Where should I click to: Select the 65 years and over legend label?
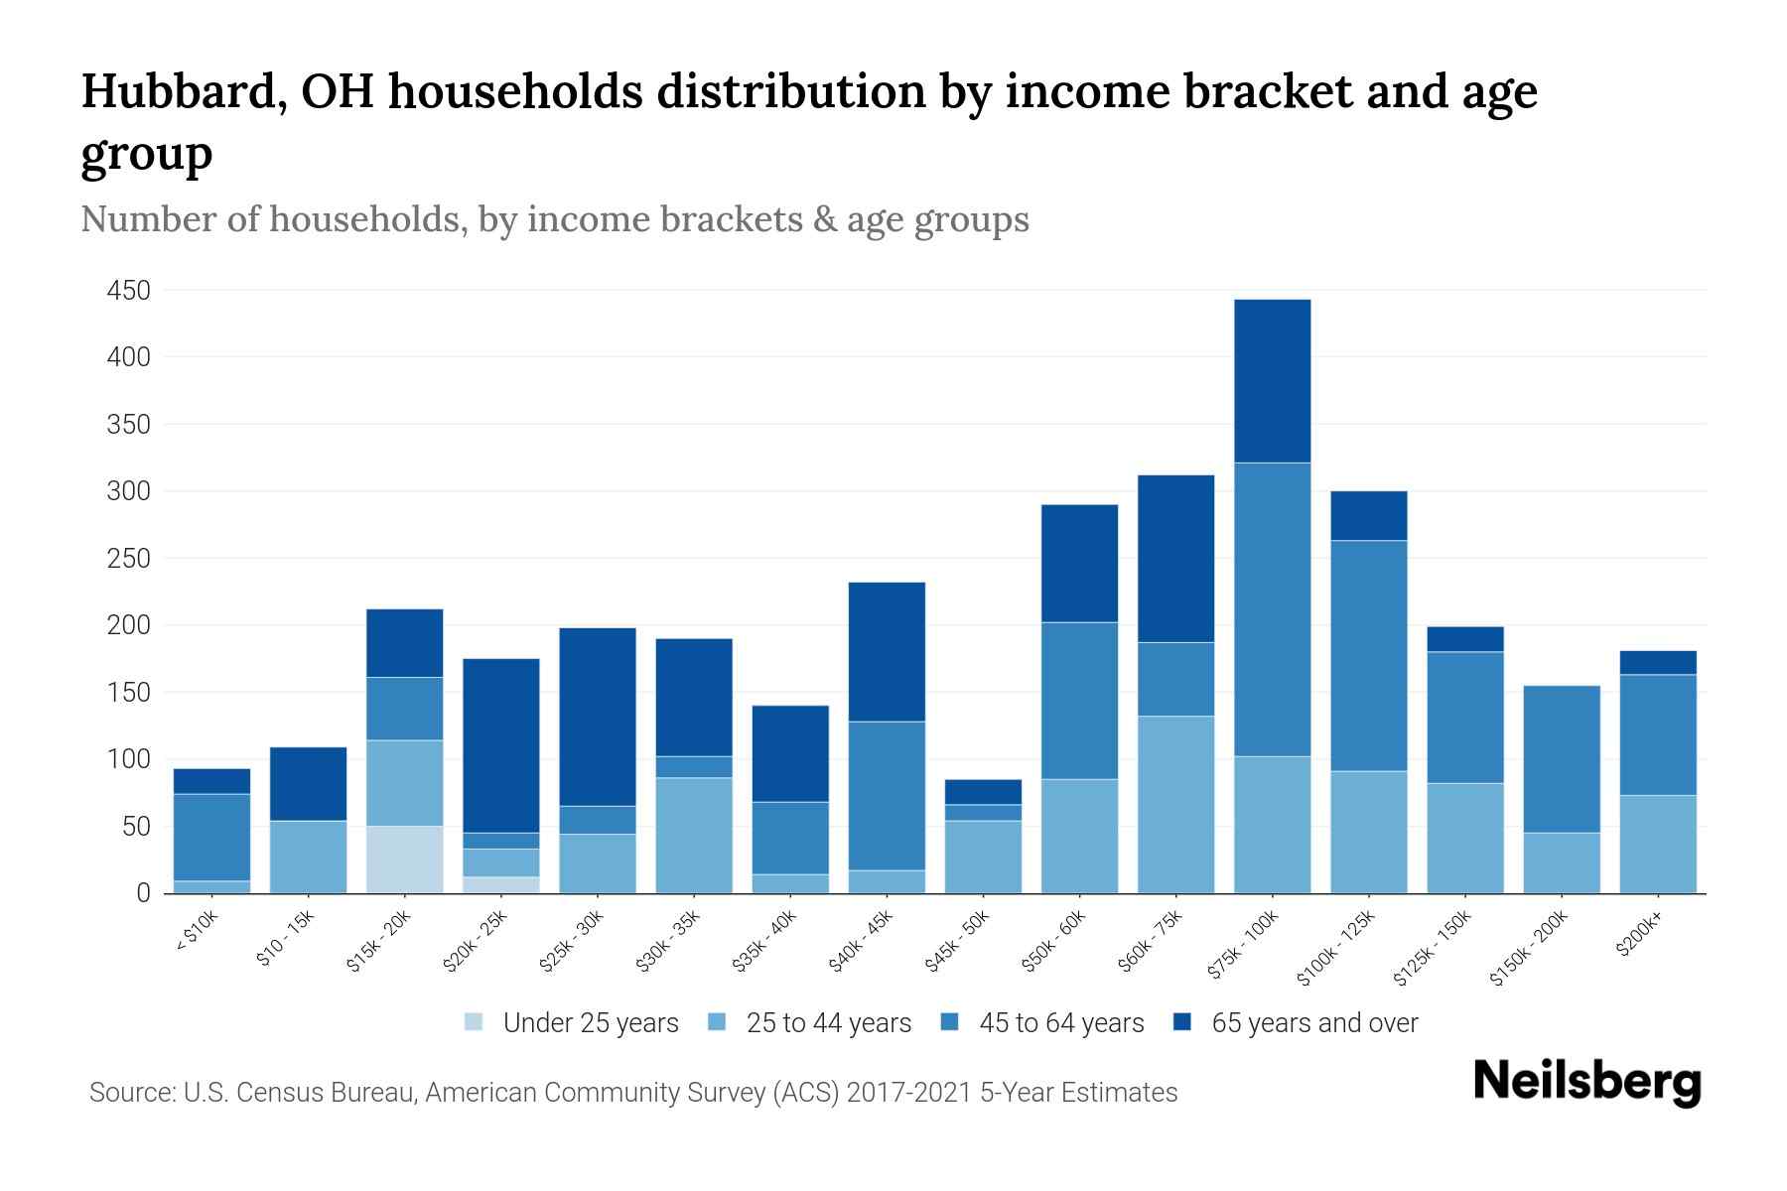1314,1023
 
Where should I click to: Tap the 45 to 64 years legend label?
1061,1023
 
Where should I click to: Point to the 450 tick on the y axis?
129,291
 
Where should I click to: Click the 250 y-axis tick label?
129,559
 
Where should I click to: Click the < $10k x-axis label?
197,932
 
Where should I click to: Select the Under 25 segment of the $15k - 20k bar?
405,860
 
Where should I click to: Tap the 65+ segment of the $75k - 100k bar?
1272,381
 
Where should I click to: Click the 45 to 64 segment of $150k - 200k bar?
1562,759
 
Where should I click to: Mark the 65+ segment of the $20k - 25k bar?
501,745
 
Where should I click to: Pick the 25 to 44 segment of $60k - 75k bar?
1175,804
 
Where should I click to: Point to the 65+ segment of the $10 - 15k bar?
309,784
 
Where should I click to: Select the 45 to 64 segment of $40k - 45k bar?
888,796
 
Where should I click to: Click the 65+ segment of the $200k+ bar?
1658,663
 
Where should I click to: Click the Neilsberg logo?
1587,1083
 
